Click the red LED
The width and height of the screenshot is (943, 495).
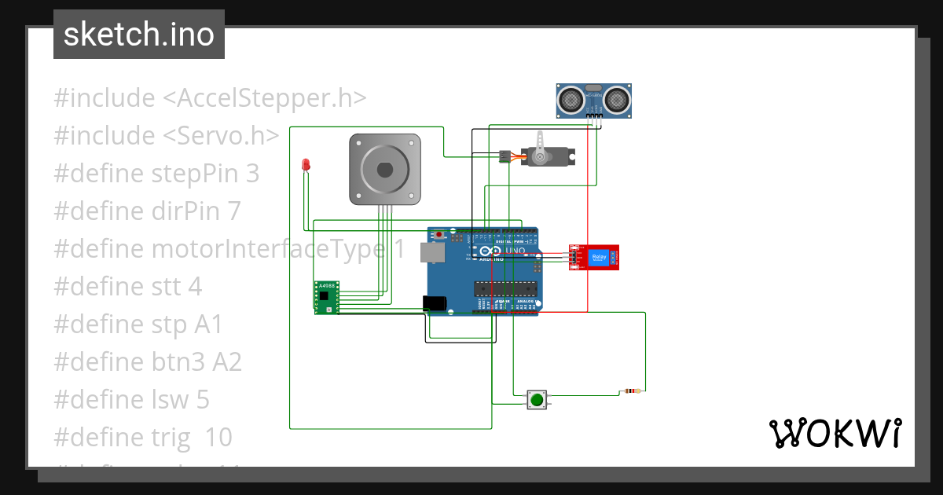[x=306, y=165]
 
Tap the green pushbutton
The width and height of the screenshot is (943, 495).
[x=537, y=400]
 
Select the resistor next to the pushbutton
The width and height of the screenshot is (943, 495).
[x=631, y=390]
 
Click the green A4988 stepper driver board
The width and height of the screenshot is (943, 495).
[x=327, y=297]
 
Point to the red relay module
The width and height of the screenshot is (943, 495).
[x=594, y=257]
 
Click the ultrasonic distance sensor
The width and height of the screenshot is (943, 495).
[x=594, y=100]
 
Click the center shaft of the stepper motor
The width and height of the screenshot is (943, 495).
[x=384, y=169]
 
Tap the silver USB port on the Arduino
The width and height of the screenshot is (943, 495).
[x=431, y=252]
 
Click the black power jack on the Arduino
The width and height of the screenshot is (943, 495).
[x=435, y=304]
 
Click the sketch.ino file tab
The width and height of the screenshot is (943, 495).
[x=139, y=35]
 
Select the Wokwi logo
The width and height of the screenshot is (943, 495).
[x=835, y=433]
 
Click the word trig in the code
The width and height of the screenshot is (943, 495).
[x=170, y=437]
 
